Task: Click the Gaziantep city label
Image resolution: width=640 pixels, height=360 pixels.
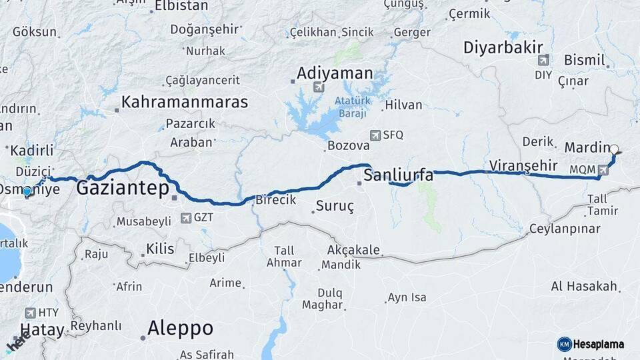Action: coord(122,188)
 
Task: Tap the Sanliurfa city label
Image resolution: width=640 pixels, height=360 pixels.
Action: coord(399,176)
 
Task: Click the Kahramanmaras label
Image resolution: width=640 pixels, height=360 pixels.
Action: coord(184,103)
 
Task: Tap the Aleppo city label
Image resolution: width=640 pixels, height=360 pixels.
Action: coord(180,329)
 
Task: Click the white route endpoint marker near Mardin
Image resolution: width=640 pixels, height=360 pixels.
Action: coord(614,150)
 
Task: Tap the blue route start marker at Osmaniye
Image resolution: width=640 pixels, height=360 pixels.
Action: coord(27,192)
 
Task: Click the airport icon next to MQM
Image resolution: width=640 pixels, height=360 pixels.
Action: coord(603,170)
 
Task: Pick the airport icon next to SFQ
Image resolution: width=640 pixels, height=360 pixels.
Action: coord(375,135)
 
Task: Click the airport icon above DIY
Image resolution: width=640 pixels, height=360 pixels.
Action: coord(543,60)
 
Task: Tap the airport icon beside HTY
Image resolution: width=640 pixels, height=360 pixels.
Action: coord(29,312)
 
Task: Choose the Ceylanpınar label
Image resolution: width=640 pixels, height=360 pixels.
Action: coord(564,229)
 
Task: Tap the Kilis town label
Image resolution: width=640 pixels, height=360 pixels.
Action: coord(160,249)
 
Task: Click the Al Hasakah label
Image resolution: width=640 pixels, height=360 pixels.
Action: coord(584,287)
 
